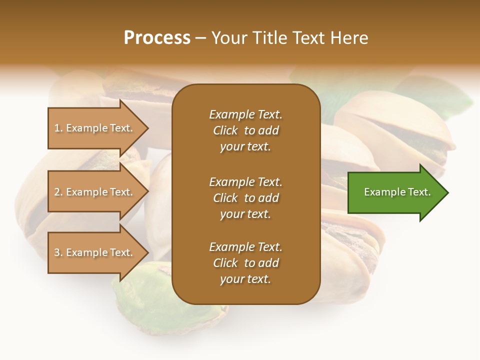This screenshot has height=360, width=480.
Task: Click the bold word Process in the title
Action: tap(157, 37)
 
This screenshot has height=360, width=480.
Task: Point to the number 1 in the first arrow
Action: tap(57, 128)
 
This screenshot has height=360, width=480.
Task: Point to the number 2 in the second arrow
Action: tap(57, 192)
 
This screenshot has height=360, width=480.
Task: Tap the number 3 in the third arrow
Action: tap(57, 252)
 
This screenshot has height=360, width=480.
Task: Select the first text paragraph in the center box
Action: tap(245, 130)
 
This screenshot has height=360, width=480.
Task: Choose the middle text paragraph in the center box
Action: tap(245, 197)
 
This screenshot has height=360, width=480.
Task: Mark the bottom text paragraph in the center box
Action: tap(245, 263)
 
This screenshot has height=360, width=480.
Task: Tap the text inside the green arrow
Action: tap(397, 192)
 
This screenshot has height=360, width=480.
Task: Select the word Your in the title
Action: tap(228, 37)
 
